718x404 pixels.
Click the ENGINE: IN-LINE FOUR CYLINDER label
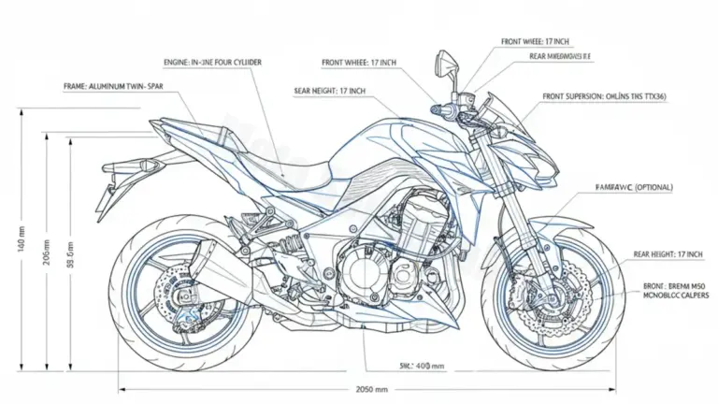click(x=213, y=63)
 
